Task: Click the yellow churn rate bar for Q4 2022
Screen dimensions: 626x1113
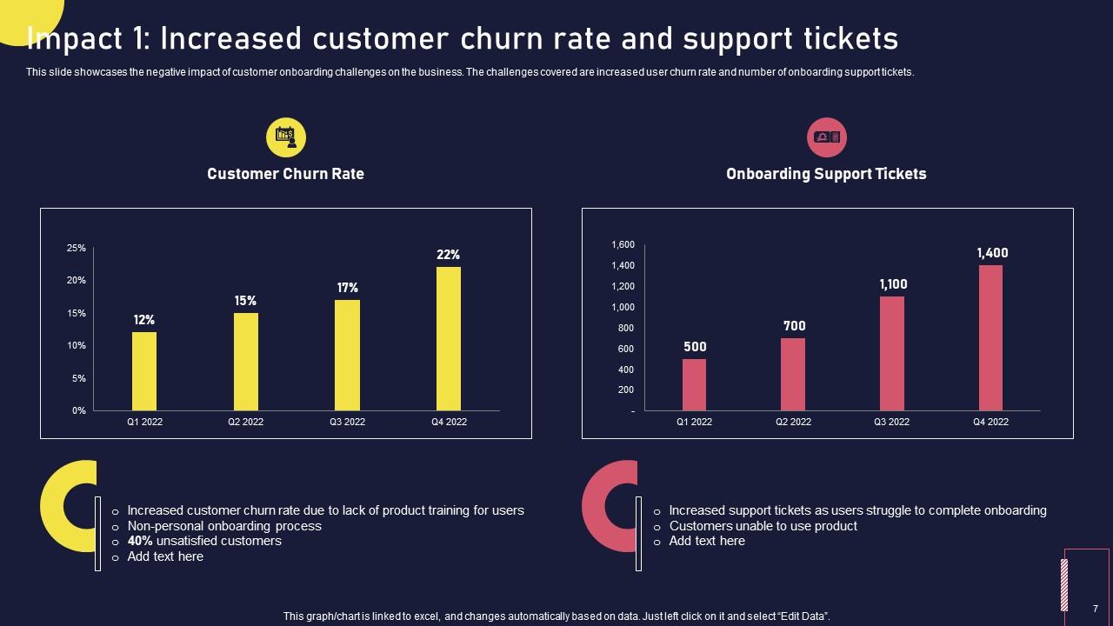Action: [448, 338]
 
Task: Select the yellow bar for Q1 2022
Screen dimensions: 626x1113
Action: [144, 371]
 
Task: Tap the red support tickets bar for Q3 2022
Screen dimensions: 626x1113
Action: [891, 353]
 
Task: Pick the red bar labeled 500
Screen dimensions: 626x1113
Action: [694, 384]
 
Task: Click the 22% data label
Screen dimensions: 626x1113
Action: [448, 255]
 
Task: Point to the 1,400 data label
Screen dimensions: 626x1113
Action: [992, 253]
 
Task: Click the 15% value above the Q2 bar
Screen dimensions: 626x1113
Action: [245, 301]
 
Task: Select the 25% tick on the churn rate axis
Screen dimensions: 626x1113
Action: [77, 248]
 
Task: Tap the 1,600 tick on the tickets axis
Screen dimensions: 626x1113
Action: [623, 244]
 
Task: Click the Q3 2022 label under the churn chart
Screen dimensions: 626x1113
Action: [347, 422]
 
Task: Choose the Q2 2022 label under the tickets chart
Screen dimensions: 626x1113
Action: [793, 422]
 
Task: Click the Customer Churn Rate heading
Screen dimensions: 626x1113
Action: [285, 174]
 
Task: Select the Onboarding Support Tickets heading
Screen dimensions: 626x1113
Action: [826, 174]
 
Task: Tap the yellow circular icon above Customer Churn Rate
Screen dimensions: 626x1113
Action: [286, 137]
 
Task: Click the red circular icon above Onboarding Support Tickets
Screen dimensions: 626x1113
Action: [826, 137]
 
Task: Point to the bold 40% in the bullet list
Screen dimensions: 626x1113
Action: [141, 541]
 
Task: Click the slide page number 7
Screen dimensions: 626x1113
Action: [1095, 609]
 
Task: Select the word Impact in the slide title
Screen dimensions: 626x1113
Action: [80, 39]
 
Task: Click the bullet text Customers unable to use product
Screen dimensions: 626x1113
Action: [763, 526]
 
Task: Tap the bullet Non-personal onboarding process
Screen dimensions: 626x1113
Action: [224, 526]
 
